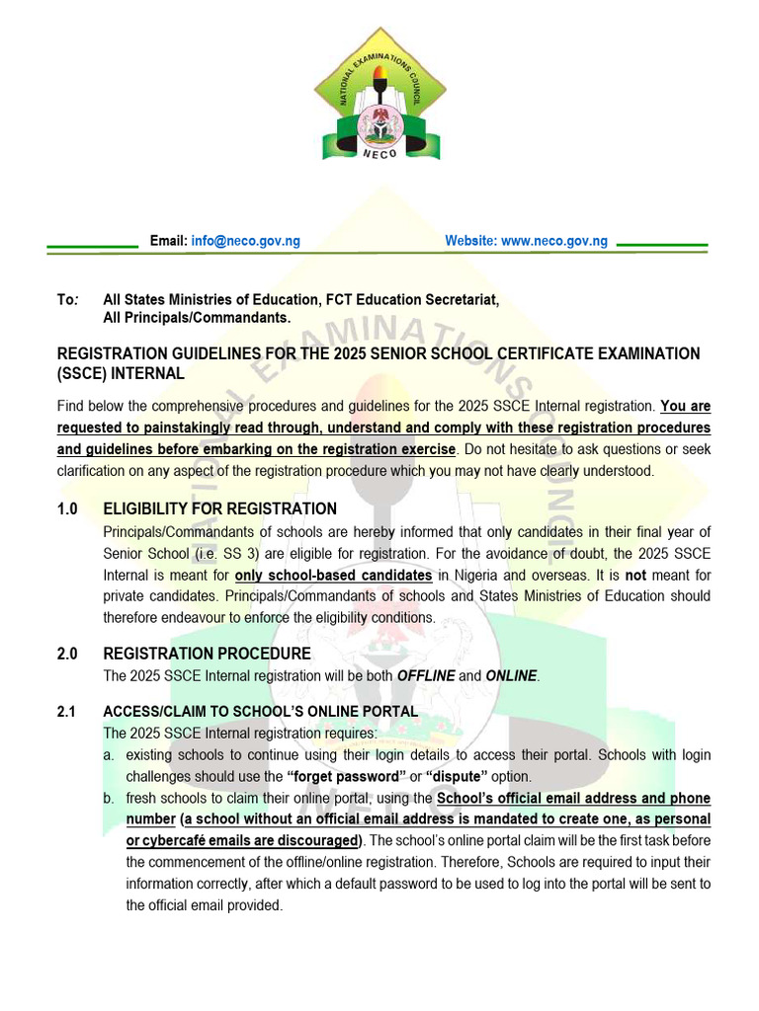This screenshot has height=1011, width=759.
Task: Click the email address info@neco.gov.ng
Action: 245,241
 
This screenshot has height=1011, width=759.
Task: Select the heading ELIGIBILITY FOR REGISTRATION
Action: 219,509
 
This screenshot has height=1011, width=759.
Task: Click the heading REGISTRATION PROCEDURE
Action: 207,654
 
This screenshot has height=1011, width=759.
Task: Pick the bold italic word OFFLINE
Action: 426,676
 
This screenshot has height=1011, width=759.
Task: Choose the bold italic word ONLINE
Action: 511,676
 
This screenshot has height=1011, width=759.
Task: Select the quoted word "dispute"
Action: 463,776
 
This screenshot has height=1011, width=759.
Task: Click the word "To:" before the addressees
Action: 67,299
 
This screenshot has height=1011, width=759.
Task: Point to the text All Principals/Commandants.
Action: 198,318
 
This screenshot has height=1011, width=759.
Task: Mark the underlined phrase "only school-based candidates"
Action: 333,575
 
